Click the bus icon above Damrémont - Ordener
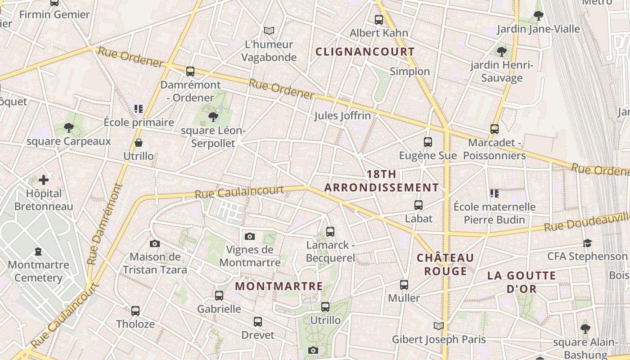pyautogui.click(x=190, y=71)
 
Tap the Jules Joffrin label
pyautogui.click(x=342, y=116)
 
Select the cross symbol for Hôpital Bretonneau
pyautogui.click(x=44, y=180)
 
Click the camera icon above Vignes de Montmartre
pyautogui.click(x=250, y=236)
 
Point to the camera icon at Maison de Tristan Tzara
pyautogui.click(x=155, y=243)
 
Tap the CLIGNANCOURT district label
pyautogui.click(x=365, y=52)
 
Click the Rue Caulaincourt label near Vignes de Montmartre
pyautogui.click(x=239, y=192)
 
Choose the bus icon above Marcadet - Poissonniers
pyautogui.click(x=495, y=129)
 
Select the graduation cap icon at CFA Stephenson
pyautogui.click(x=587, y=243)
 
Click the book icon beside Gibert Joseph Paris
pyautogui.click(x=439, y=326)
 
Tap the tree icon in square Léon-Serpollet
pyautogui.click(x=213, y=117)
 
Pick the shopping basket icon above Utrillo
pyautogui.click(x=139, y=143)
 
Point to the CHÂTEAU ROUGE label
pyautogui.click(x=445, y=265)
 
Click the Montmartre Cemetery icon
pyautogui.click(x=38, y=252)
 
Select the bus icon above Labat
pyautogui.click(x=418, y=205)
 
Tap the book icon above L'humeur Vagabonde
pyautogui.click(x=269, y=31)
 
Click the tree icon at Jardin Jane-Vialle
pyautogui.click(x=538, y=16)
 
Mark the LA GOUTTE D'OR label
pyautogui.click(x=522, y=282)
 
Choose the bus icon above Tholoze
pyautogui.click(x=135, y=310)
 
